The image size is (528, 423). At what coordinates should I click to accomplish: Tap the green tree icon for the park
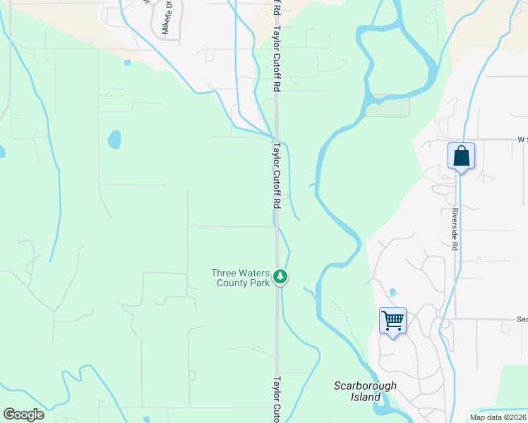pyautogui.click(x=281, y=277)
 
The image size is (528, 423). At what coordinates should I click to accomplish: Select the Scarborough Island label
pyautogui.click(x=365, y=391)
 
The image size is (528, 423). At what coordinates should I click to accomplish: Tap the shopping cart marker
pyautogui.click(x=392, y=321)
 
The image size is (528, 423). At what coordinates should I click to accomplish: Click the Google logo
pyautogui.click(x=23, y=415)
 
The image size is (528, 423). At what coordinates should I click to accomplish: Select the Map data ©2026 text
pyautogui.click(x=498, y=417)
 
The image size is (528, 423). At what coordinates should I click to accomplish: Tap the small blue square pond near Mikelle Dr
pyautogui.click(x=127, y=63)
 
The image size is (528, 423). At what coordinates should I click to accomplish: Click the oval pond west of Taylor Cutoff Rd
pyautogui.click(x=114, y=140)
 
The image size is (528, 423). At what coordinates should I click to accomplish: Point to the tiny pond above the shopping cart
pyautogui.click(x=392, y=292)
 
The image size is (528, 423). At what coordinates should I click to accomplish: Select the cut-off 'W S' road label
pyautogui.click(x=522, y=140)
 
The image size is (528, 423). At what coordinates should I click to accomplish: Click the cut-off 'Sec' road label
pyautogui.click(x=521, y=319)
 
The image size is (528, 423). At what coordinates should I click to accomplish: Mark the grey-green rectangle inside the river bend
pyautogui.click(x=388, y=106)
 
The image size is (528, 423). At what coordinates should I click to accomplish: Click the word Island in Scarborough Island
pyautogui.click(x=365, y=397)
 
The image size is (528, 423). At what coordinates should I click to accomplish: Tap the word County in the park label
pyautogui.click(x=234, y=283)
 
